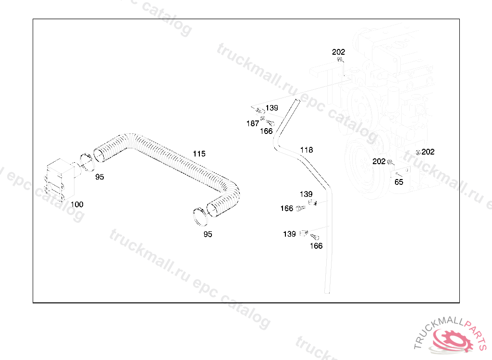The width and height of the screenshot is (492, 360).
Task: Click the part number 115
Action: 199,154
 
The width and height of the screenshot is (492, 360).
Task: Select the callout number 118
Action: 306,150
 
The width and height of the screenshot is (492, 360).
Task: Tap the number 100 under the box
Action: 77,204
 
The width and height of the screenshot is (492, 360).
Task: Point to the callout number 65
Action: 399,182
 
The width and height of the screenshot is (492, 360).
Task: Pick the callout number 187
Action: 253,123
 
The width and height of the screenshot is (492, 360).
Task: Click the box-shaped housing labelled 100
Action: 60,178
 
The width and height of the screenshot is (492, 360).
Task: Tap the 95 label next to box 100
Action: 99,177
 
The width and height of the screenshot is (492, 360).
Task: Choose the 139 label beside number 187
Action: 272,108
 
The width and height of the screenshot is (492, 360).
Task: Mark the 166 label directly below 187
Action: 266,131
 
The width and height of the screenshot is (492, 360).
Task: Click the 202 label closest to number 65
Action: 379,161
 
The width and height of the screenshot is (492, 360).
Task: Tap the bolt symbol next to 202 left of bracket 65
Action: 390,162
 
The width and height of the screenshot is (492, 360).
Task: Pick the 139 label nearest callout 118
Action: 306,194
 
